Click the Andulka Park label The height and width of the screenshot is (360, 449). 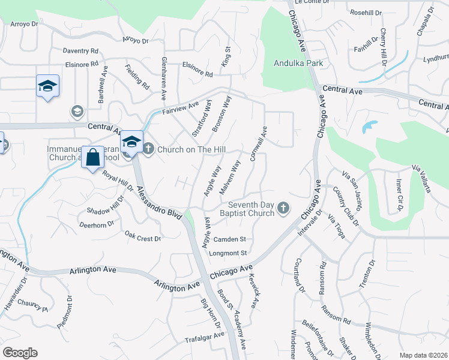(298, 63)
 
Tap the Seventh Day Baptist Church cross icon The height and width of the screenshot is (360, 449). (283, 209)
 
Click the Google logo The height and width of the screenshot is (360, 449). (20, 353)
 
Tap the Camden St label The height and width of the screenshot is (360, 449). (231, 239)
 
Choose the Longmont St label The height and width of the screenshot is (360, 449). (228, 254)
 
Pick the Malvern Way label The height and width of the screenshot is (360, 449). (230, 177)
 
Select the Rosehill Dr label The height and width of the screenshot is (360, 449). (366, 13)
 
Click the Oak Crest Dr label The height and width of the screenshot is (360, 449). (142, 236)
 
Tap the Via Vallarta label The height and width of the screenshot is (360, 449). (421, 178)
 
